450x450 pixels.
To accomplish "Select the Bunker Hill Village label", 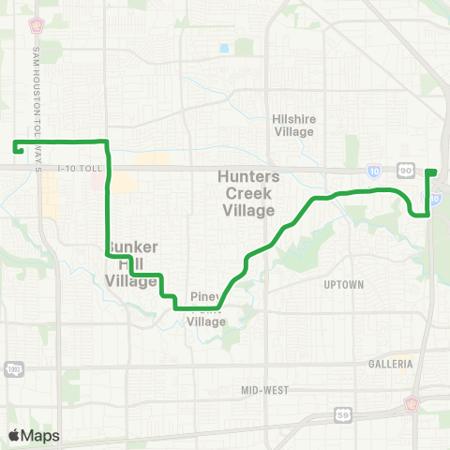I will click(130, 263).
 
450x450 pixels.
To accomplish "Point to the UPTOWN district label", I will click(342, 284).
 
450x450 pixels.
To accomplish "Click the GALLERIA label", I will click(391, 363).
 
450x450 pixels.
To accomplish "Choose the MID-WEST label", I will click(265, 389).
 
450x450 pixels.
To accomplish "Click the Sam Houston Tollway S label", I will click(37, 109).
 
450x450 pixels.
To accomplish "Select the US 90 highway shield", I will click(405, 170).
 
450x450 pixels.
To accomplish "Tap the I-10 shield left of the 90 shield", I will click(374, 170).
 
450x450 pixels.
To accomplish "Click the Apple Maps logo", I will click(33, 434).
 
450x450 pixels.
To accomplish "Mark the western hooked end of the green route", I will click(17, 147).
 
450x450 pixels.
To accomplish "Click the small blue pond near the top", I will click(223, 48).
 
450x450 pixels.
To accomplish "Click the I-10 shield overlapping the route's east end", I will click(436, 200).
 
